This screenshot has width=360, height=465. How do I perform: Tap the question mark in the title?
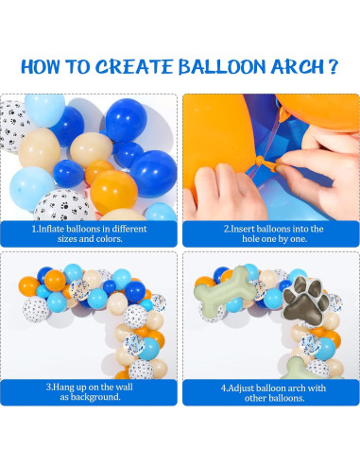(334, 66)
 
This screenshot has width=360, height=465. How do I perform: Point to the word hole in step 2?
(250, 239)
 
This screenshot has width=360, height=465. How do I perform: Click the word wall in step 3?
(125, 387)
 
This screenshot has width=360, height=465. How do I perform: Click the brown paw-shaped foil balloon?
(305, 299)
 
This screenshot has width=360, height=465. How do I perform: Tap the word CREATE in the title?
(134, 67)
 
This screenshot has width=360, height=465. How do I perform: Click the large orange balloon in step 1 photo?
(113, 192)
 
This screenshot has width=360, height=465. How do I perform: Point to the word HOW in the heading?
(41, 67)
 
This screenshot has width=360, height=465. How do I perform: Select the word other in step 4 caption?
(254, 398)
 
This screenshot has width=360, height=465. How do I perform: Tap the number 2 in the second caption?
(226, 229)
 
